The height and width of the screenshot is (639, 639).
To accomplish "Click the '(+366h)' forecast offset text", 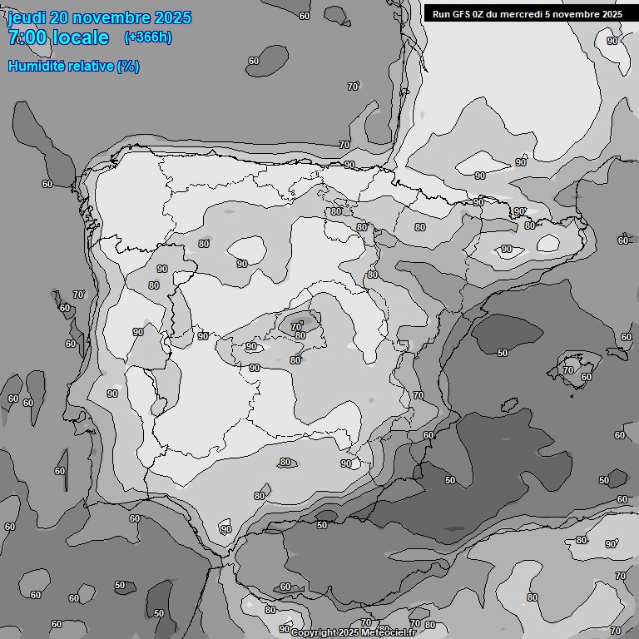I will click(x=148, y=37).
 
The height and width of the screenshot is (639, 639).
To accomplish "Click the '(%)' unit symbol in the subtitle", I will click(x=128, y=66).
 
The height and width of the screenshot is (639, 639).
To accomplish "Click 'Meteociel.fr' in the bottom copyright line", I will click(x=389, y=633).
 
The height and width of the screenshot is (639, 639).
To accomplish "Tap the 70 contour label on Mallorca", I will click(x=568, y=370).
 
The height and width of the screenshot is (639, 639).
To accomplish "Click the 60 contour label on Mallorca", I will click(x=586, y=377).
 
